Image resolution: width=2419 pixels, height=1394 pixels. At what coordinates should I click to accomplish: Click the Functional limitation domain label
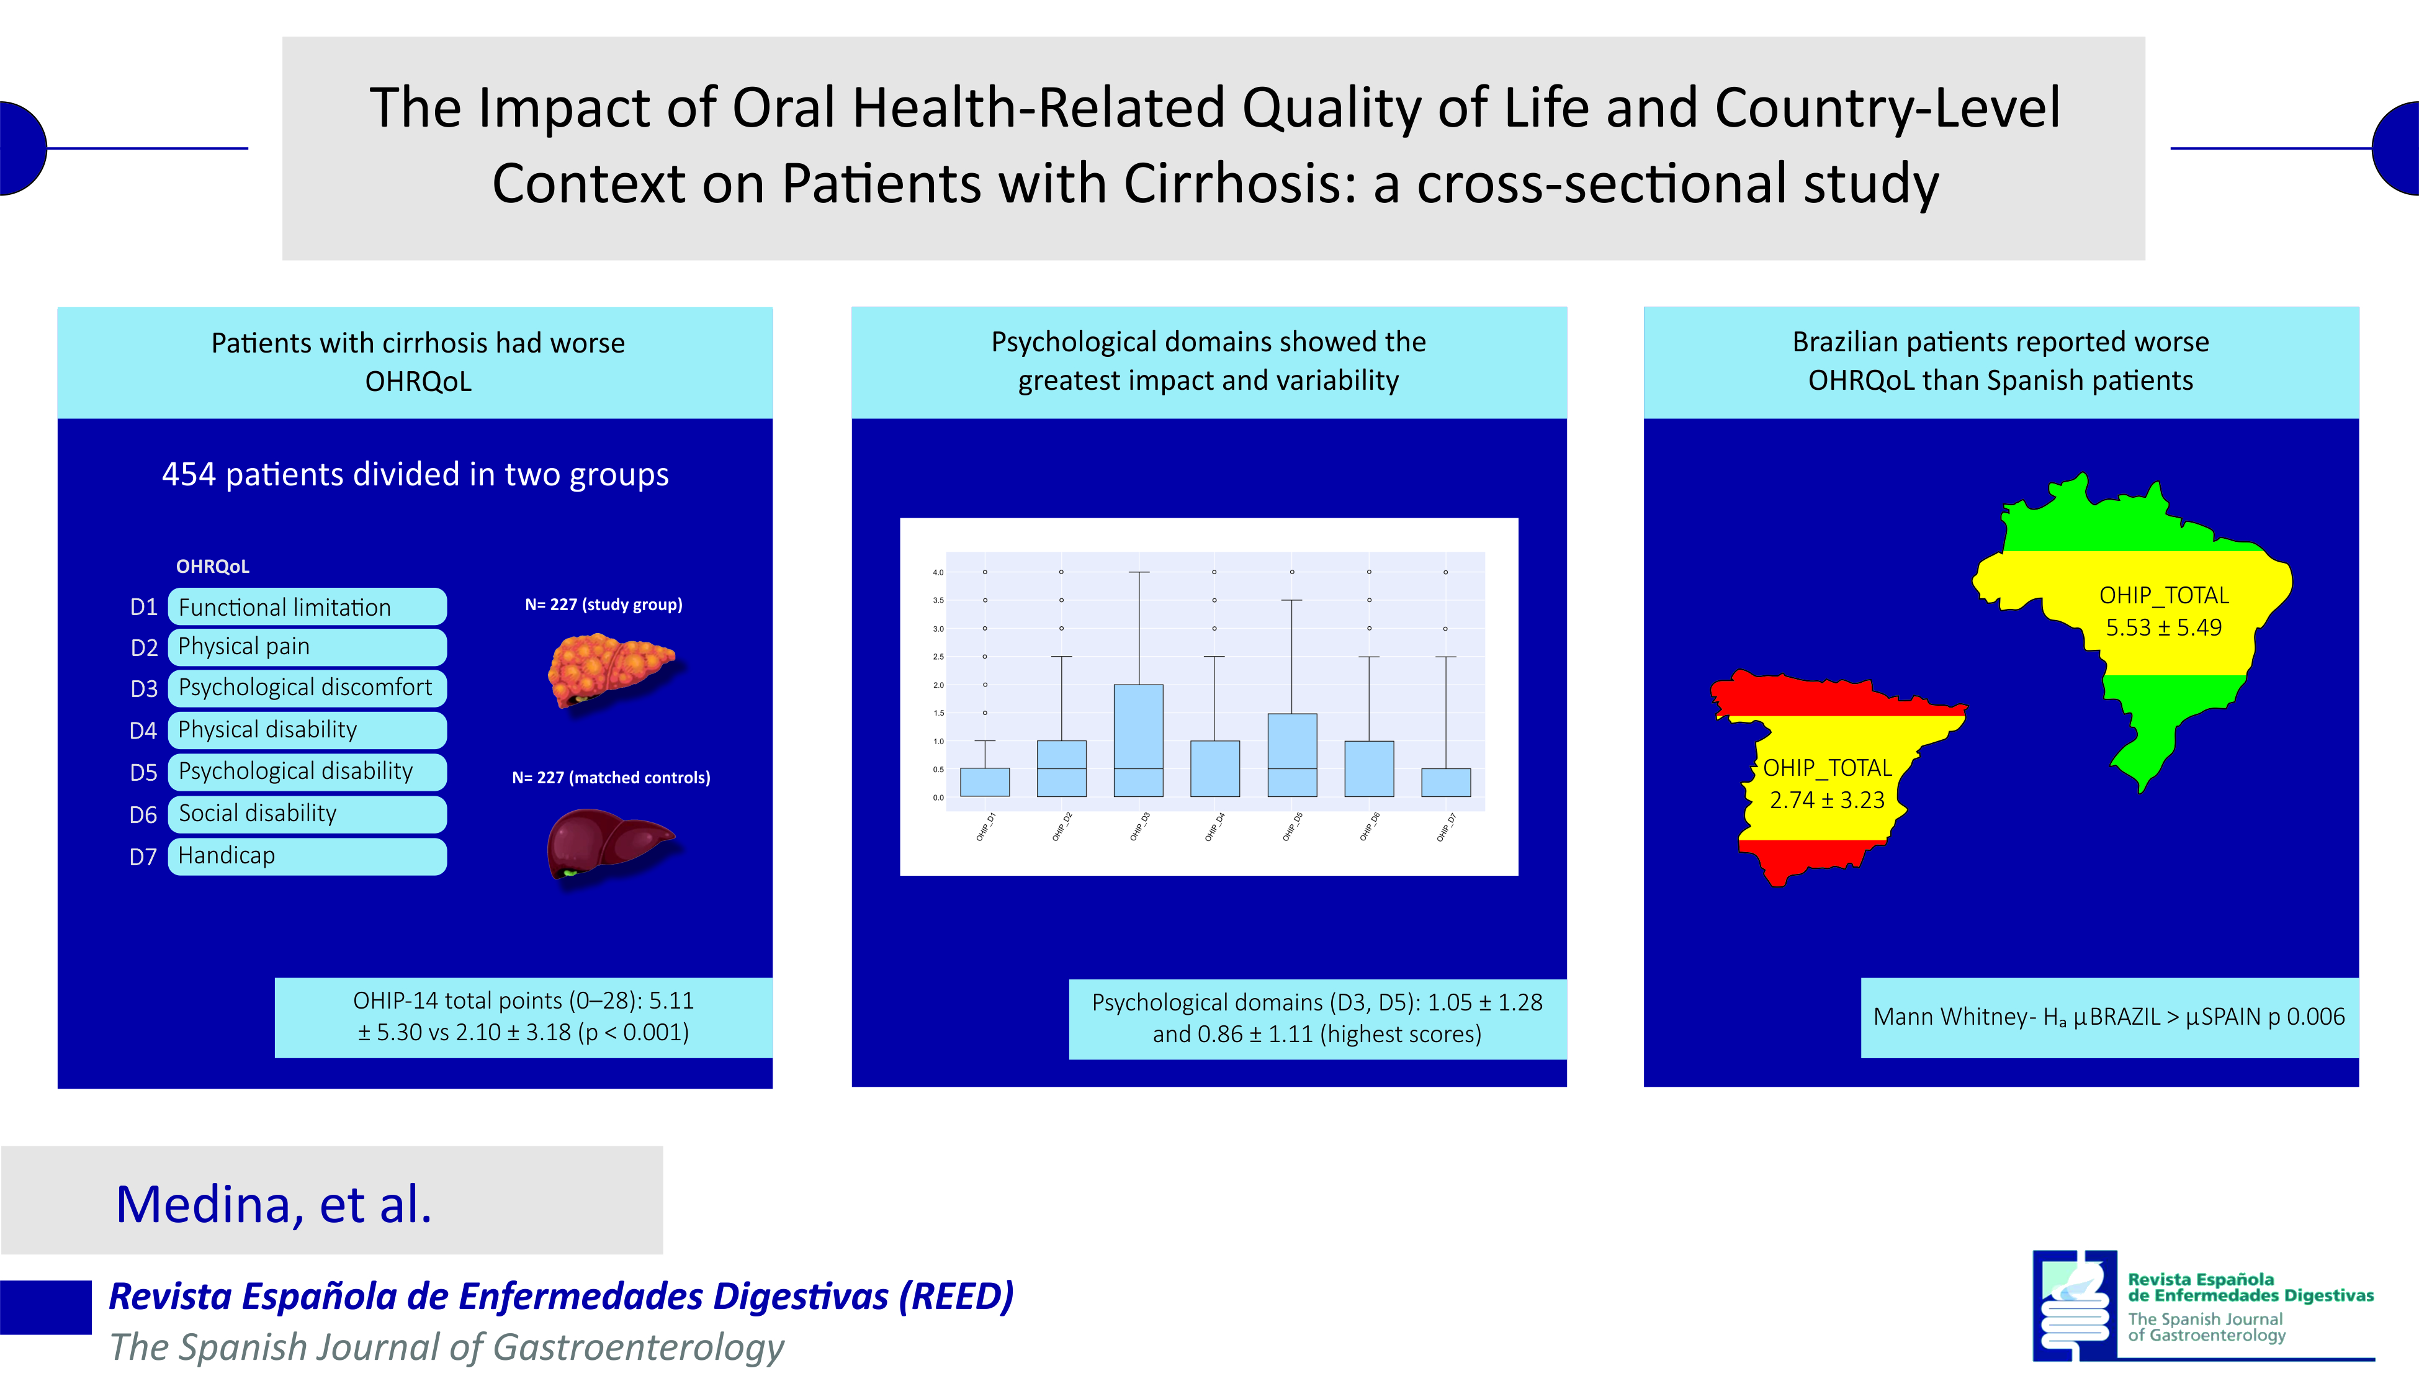click(x=285, y=607)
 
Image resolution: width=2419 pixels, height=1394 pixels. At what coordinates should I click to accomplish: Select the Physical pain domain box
click(x=307, y=647)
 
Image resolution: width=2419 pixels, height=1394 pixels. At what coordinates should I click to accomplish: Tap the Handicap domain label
click(x=227, y=856)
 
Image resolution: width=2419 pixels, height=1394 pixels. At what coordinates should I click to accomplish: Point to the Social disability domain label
click(x=258, y=814)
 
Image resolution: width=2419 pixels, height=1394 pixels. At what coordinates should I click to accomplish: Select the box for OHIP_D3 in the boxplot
click(x=1138, y=740)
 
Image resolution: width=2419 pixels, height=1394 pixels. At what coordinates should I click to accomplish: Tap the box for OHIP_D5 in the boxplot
click(x=1291, y=755)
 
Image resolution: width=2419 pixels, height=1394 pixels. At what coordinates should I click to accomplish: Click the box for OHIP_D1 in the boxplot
click(x=984, y=782)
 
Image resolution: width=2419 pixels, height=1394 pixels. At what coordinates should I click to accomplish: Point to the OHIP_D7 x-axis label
click(x=1445, y=827)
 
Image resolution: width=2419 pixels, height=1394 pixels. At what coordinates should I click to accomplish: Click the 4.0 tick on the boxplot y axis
click(x=938, y=572)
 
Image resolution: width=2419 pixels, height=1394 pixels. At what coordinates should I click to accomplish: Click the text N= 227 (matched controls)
click(x=611, y=778)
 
